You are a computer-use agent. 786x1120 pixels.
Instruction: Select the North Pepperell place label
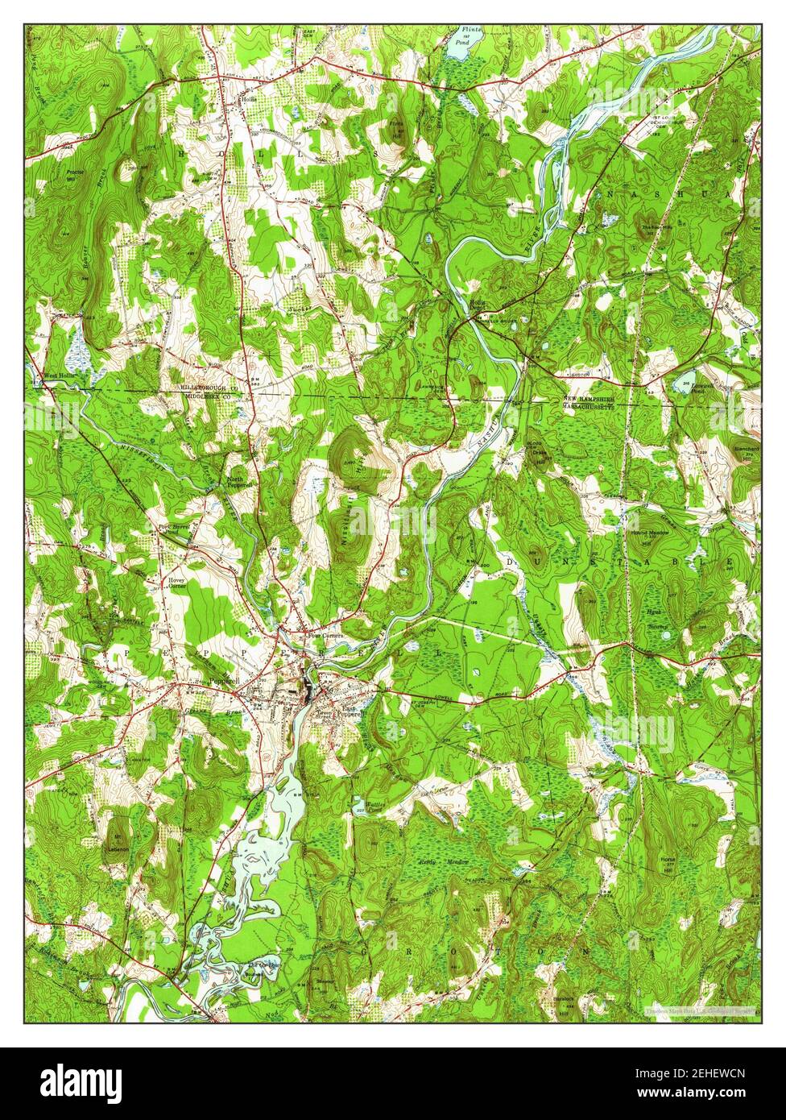tap(239, 482)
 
